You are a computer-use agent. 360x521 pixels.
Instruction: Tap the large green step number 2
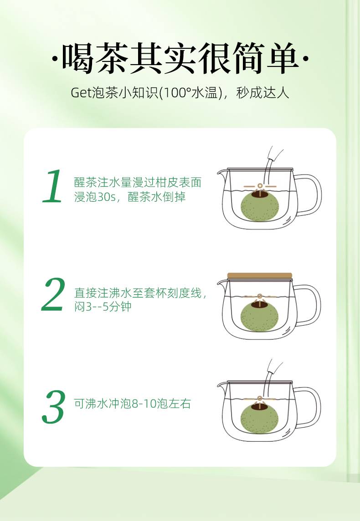click(x=53, y=294)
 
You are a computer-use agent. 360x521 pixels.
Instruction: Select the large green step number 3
click(x=53, y=407)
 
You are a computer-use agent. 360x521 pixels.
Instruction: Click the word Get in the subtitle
click(x=81, y=93)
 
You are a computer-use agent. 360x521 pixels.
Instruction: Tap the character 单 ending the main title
click(x=283, y=58)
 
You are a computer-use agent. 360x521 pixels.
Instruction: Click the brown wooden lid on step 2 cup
click(x=260, y=276)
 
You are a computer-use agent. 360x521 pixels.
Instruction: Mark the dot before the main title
click(x=55, y=59)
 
